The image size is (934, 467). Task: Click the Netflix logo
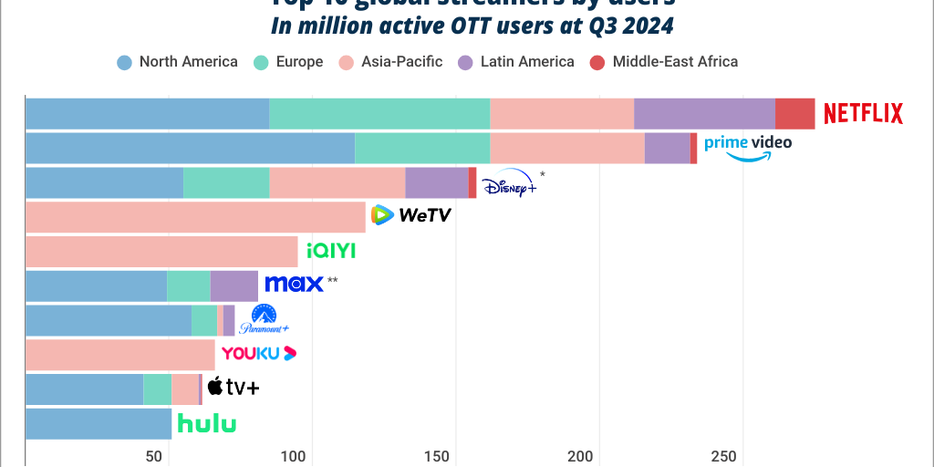(x=863, y=113)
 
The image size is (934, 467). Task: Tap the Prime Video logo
(x=747, y=146)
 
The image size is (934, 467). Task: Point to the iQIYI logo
(x=330, y=251)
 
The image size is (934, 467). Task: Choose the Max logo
(x=294, y=284)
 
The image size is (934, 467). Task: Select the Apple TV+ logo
(x=233, y=388)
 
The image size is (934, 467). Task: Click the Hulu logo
(x=206, y=423)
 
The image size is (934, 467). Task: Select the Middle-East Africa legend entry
(x=663, y=62)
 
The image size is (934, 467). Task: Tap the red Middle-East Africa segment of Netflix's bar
(x=794, y=113)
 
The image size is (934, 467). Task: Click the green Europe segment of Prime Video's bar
(x=421, y=148)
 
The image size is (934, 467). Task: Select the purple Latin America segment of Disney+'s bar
(x=436, y=182)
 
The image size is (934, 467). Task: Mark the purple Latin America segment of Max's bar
(x=233, y=285)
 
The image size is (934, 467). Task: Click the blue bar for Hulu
(x=99, y=423)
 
